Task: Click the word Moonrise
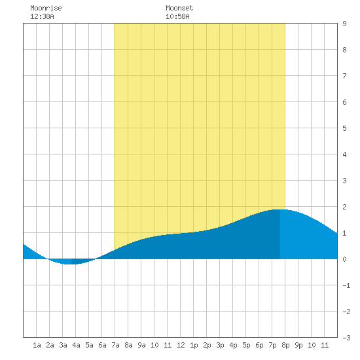pyautogui.click(x=46, y=8)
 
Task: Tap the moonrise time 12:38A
pyautogui.click(x=42, y=16)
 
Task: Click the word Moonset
pyautogui.click(x=179, y=8)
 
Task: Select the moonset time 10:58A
pyautogui.click(x=177, y=16)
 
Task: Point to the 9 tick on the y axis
pyautogui.click(x=344, y=24)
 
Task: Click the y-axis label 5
pyautogui.click(x=344, y=128)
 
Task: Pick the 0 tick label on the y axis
pyautogui.click(x=344, y=259)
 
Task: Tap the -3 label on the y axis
pyautogui.click(x=346, y=338)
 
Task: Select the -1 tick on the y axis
pyautogui.click(x=346, y=285)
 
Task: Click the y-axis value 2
pyautogui.click(x=344, y=207)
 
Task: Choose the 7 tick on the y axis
pyautogui.click(x=344, y=76)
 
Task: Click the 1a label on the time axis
pyautogui.click(x=37, y=345)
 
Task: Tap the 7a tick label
pyautogui.click(x=115, y=345)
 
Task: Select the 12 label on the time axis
pyautogui.click(x=181, y=345)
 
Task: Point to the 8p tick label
pyautogui.click(x=285, y=346)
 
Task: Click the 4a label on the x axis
pyautogui.click(x=76, y=345)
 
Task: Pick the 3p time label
pyautogui.click(x=220, y=346)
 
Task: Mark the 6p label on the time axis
pyautogui.click(x=259, y=346)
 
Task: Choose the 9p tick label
pyautogui.click(x=298, y=346)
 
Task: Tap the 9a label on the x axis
pyautogui.click(x=141, y=345)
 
